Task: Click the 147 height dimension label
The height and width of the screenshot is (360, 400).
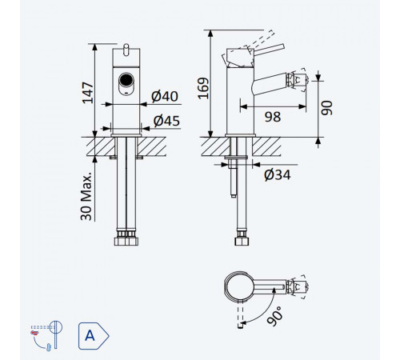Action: (x=88, y=93)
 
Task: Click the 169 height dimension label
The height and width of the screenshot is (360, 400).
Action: (x=203, y=88)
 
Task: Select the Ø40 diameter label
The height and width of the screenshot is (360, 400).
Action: (x=165, y=96)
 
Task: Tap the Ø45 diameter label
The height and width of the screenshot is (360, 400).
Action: (x=166, y=121)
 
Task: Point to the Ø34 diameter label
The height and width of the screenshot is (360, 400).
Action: (x=278, y=175)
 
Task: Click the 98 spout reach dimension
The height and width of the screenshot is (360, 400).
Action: (x=273, y=117)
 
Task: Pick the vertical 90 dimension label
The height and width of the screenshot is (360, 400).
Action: (x=326, y=108)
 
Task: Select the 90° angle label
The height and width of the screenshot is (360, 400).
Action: (x=275, y=316)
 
